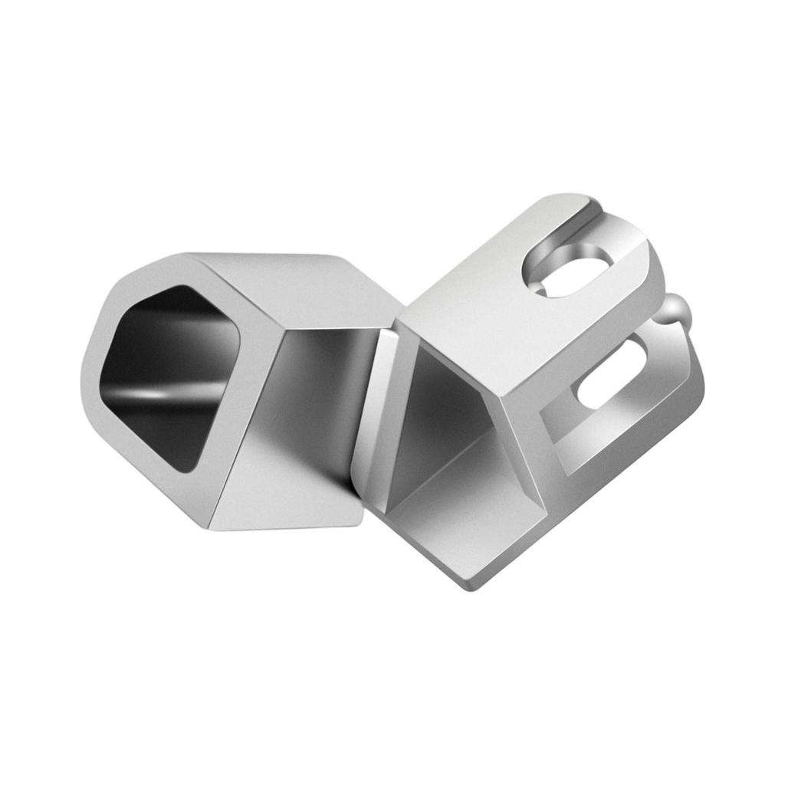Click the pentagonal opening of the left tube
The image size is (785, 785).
click(172, 376)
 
